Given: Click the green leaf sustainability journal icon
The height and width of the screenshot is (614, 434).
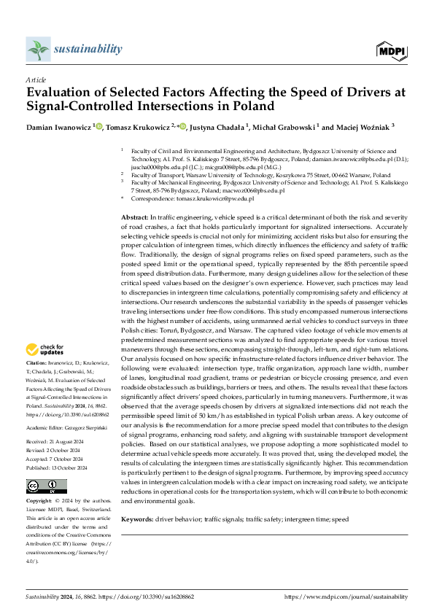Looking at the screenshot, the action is [x=37, y=49].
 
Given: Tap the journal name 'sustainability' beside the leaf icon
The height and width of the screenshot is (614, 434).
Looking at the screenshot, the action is [x=88, y=48].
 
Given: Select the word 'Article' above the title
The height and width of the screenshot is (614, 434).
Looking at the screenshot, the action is [x=35, y=79].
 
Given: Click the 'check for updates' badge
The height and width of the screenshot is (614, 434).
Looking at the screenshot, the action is [x=46, y=350].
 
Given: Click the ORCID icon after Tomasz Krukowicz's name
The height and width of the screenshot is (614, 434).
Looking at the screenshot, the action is [x=183, y=126].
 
